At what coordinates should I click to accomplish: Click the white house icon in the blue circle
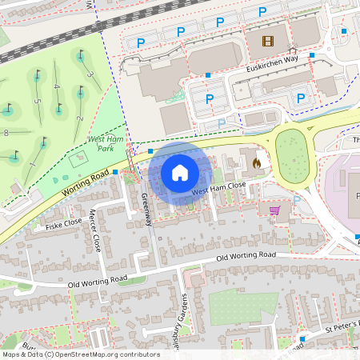(x=180, y=173)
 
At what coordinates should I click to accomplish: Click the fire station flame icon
(x=256, y=162)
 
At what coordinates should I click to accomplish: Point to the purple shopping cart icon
(x=275, y=211)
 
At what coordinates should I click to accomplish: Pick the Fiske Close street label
(x=63, y=224)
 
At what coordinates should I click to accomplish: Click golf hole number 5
(x=37, y=101)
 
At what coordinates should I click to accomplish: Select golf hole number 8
(x=6, y=132)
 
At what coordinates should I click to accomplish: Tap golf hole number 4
(x=56, y=86)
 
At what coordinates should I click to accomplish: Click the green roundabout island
(x=292, y=154)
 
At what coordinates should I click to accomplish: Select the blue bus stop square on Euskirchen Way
(x=313, y=56)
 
